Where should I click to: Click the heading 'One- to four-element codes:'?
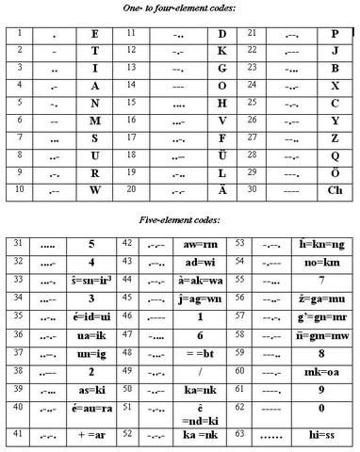tap(180, 8)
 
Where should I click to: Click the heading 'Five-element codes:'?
tap(180, 219)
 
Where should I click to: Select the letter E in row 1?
tap(94, 34)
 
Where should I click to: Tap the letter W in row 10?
tap(94, 189)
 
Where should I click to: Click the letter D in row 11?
tap(222, 34)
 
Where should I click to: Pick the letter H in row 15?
tap(222, 103)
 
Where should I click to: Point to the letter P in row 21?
tap(335, 34)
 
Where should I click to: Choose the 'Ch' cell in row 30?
tap(335, 189)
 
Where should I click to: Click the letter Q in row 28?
tap(335, 155)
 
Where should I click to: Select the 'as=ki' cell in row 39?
tap(91, 389)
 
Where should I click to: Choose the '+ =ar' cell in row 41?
tap(91, 437)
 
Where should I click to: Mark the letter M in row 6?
tap(94, 121)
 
